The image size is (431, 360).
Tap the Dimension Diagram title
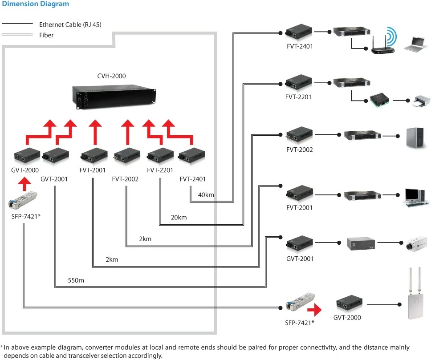coord(36,4)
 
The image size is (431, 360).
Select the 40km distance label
coord(206,195)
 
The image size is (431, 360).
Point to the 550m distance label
coord(76,281)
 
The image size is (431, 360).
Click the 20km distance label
coord(179,218)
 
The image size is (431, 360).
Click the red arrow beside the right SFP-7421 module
coord(315,308)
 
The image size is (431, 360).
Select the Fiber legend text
coord(46,35)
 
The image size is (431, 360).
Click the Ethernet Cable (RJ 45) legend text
coord(70,24)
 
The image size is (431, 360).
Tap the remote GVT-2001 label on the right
coord(299,259)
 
